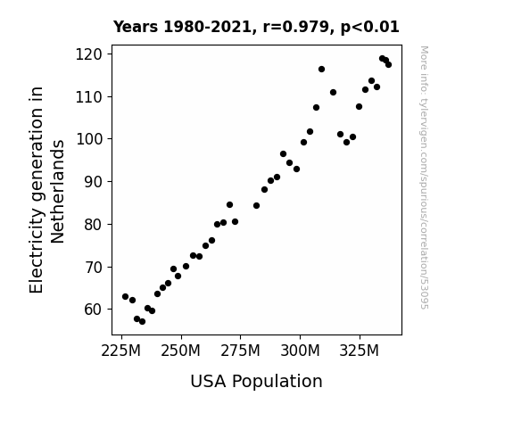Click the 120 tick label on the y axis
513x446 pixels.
click(x=89, y=54)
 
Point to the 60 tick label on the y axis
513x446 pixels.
click(x=94, y=310)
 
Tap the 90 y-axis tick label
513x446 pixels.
click(x=94, y=182)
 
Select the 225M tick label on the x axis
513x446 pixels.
click(x=121, y=351)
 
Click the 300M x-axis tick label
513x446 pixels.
click(x=300, y=351)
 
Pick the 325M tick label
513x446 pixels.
click(x=360, y=351)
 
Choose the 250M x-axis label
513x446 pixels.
click(x=180, y=351)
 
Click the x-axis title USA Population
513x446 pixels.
click(x=257, y=382)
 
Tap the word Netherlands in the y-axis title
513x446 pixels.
click(x=58, y=192)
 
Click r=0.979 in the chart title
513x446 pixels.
click(x=296, y=27)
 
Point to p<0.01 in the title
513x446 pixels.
click(x=370, y=28)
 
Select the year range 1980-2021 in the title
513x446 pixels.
click(x=207, y=27)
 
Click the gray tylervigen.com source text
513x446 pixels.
click(x=424, y=178)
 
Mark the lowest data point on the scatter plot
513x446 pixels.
click(x=142, y=322)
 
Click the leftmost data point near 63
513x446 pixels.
click(x=125, y=296)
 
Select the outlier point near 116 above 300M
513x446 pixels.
click(x=321, y=69)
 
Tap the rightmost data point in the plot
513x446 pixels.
click(x=388, y=64)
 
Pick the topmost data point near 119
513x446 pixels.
click(x=382, y=59)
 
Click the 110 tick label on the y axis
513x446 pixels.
click(x=89, y=97)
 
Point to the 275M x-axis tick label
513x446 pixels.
click(x=241, y=351)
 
